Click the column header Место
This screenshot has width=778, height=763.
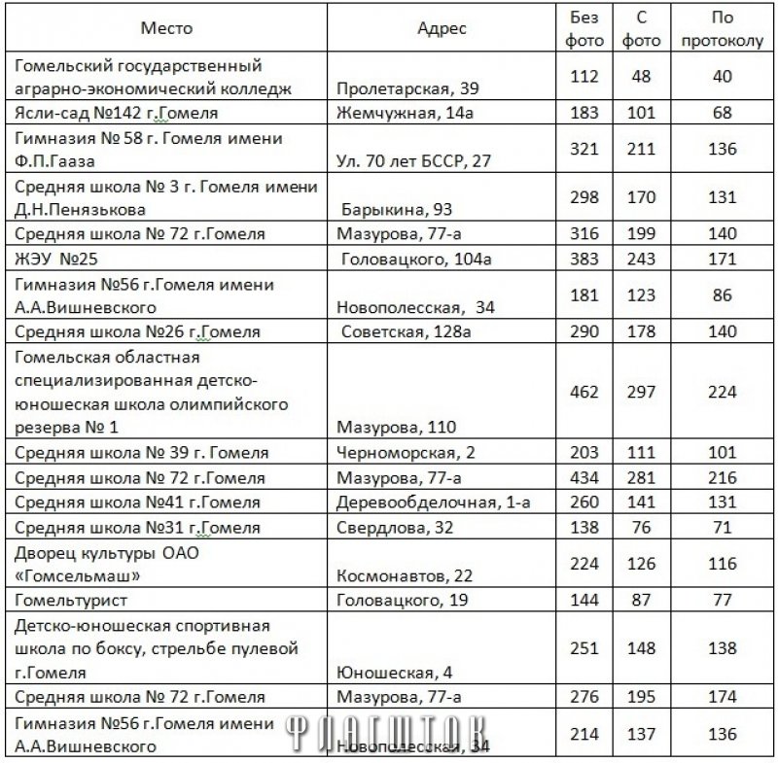point(166,28)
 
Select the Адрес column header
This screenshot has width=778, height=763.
point(442,28)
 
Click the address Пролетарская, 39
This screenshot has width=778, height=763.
point(407,89)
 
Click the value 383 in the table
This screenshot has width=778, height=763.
point(584,258)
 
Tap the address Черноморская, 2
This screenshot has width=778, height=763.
point(399,453)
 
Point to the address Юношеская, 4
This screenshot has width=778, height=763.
point(385,672)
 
